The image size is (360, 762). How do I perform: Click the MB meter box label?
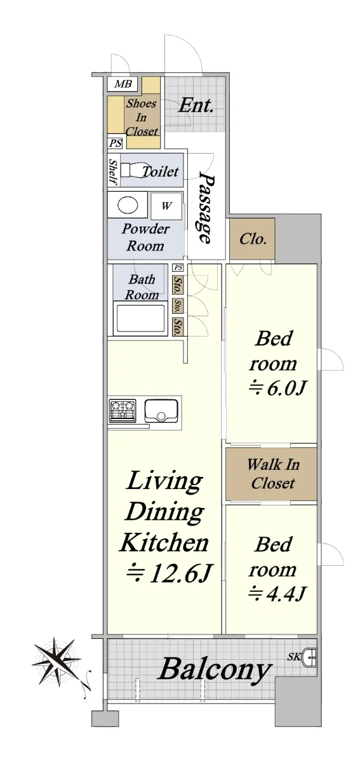point(123,84)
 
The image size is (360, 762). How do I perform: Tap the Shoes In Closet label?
point(142,117)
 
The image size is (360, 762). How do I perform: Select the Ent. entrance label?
point(196,105)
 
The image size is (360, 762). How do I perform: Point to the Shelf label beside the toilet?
point(113,172)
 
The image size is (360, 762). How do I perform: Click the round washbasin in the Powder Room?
point(128,205)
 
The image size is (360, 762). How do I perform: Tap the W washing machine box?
point(166,206)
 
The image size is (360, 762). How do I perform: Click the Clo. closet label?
point(253,239)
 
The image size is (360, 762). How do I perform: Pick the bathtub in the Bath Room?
point(140,318)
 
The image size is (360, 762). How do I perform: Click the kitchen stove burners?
point(123,410)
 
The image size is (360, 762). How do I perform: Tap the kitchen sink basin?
point(161,410)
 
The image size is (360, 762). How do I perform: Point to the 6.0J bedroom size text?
point(278,388)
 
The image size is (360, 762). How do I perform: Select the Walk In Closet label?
point(273,474)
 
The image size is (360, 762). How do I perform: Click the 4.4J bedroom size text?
point(277,593)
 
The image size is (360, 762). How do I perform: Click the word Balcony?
point(215,669)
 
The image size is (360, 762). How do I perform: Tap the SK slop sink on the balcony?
point(310,657)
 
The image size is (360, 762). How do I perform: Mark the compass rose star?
point(56,661)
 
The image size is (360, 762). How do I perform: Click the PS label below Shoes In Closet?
point(116,144)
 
